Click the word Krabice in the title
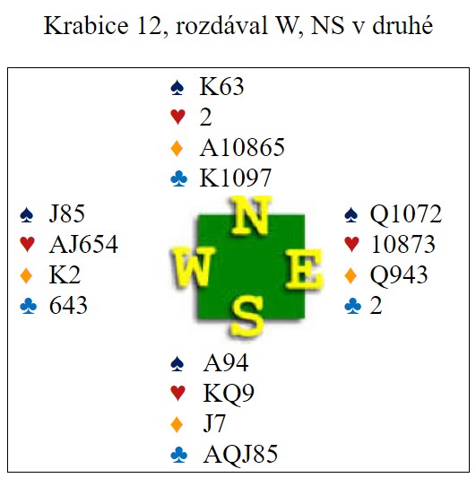click(x=86, y=25)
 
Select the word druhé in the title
click(x=402, y=25)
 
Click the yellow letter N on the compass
click(x=250, y=215)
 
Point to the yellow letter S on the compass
click(x=247, y=317)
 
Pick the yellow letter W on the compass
click(x=193, y=266)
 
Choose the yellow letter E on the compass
click(x=303, y=268)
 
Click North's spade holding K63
click(x=221, y=87)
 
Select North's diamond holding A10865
click(x=242, y=148)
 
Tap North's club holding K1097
click(x=235, y=178)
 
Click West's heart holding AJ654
click(x=83, y=244)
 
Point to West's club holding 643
click(x=68, y=306)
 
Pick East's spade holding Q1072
click(x=405, y=213)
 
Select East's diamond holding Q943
click(x=399, y=274)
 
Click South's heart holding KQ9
click(x=229, y=394)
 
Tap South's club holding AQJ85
click(x=240, y=454)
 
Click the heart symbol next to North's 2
click(x=178, y=117)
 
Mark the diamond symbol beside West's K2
click(x=26, y=275)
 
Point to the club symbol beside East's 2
click(x=352, y=306)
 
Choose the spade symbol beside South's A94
click(x=177, y=364)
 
